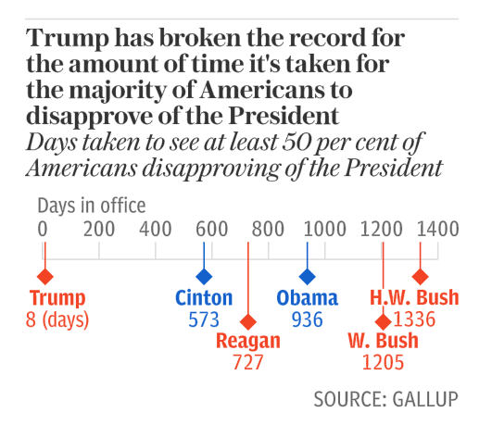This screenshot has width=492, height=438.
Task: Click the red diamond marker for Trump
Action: coord(44,276)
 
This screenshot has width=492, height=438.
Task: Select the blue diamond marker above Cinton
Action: coord(204,276)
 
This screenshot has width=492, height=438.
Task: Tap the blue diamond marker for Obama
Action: coord(307,276)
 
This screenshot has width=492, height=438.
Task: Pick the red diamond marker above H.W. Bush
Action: coord(420,276)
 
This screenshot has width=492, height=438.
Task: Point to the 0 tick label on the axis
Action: coord(43,228)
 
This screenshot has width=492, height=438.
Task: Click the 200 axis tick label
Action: coord(98,228)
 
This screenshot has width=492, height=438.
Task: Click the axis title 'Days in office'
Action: coord(92,206)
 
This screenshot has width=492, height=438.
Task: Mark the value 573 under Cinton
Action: coord(204,320)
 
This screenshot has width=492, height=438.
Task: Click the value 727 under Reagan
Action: coord(248,362)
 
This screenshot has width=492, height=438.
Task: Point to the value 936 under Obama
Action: coord(308,320)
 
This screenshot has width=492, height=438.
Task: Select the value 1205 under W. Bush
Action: coord(383,362)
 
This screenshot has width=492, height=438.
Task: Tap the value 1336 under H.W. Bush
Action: coord(414,320)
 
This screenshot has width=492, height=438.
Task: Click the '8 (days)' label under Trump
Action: coord(57,320)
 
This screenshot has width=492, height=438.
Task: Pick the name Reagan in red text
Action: coord(248,341)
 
